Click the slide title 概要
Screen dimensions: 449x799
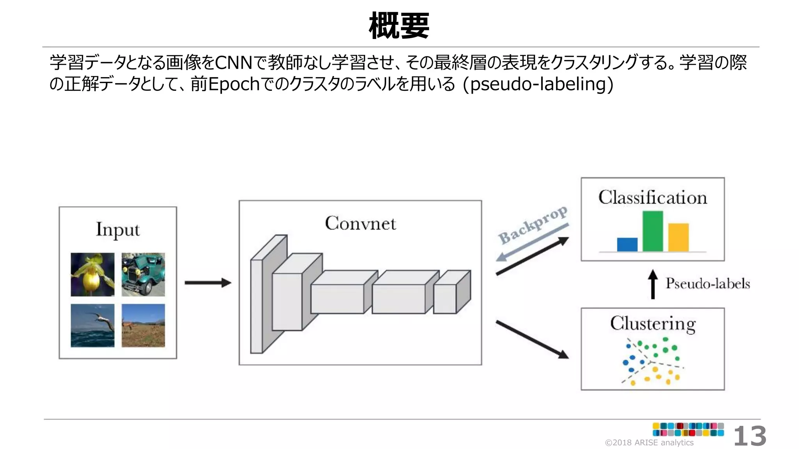click(x=399, y=26)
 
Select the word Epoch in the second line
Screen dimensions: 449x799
click(x=234, y=84)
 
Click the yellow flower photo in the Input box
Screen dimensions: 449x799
click(x=92, y=274)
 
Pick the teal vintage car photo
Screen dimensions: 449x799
click(x=143, y=274)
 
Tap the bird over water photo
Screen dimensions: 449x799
click(x=92, y=325)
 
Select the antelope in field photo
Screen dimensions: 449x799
click(x=143, y=325)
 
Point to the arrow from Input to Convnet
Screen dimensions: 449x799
click(x=208, y=283)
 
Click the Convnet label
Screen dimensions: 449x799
click(x=360, y=223)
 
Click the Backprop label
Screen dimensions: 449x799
click(x=533, y=225)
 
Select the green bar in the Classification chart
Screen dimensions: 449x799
click(x=652, y=232)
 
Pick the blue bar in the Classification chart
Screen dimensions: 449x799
click(x=627, y=245)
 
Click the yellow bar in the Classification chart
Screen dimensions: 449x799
click(x=678, y=237)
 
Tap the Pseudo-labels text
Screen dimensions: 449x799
click(x=707, y=283)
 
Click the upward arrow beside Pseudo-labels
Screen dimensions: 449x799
click(x=653, y=284)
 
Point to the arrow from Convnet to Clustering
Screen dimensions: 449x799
click(x=532, y=339)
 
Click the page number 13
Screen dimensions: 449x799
click(x=749, y=436)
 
